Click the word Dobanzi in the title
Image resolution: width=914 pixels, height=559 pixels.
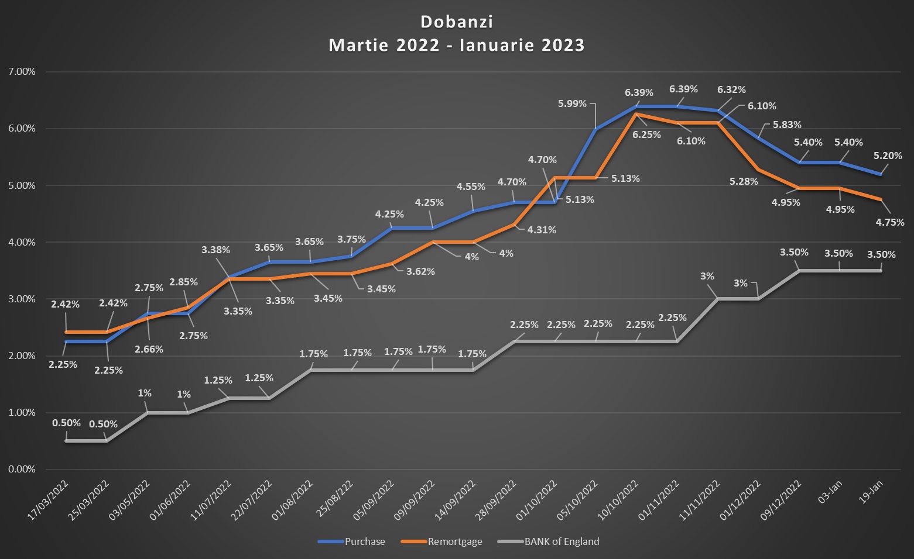click(x=457, y=22)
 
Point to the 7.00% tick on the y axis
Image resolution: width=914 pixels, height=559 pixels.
click(x=22, y=71)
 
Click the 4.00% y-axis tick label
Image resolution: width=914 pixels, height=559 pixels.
click(x=22, y=242)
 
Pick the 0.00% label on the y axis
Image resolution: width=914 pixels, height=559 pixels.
click(x=22, y=469)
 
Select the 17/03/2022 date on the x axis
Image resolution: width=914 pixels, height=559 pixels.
click(x=49, y=500)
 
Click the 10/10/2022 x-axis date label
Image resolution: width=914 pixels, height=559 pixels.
click(x=618, y=500)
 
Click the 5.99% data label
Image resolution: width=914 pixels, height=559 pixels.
click(x=572, y=103)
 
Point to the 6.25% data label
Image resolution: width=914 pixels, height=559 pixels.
click(x=646, y=134)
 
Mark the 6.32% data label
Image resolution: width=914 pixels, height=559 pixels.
click(x=731, y=89)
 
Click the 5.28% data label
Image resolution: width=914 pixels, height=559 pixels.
click(x=744, y=181)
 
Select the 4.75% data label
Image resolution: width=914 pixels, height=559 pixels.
click(x=890, y=222)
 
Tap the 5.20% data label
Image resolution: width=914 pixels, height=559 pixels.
click(x=888, y=156)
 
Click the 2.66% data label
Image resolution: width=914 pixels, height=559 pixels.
click(x=149, y=349)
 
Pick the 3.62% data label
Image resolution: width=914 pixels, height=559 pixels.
click(x=420, y=271)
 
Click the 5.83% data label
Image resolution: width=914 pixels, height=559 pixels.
click(x=787, y=125)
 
